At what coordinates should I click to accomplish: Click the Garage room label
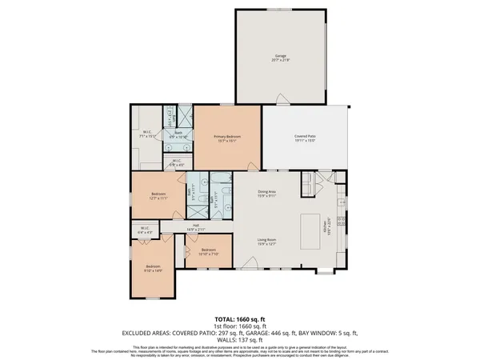tap(280, 58)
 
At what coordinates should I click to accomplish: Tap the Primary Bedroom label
tap(227, 138)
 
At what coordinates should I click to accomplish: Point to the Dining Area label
tap(266, 193)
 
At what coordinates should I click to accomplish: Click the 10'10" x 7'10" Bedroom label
tap(208, 252)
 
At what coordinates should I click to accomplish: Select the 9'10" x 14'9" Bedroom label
tap(153, 268)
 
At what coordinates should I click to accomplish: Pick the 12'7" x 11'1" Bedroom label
tap(158, 197)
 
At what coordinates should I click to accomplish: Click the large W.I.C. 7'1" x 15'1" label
tap(148, 134)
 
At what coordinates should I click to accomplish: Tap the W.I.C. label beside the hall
tap(145, 230)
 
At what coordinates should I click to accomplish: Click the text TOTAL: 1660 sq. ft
tap(239, 318)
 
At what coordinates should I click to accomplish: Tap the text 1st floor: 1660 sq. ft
tap(239, 325)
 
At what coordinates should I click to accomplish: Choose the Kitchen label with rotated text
tap(326, 230)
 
